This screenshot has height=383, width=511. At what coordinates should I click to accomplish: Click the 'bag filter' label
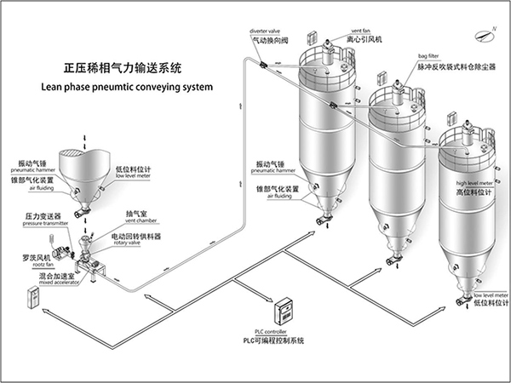tap(428, 54)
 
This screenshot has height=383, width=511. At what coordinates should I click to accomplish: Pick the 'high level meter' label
tap(474, 183)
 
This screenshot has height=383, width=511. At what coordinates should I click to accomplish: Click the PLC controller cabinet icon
tap(284, 309)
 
